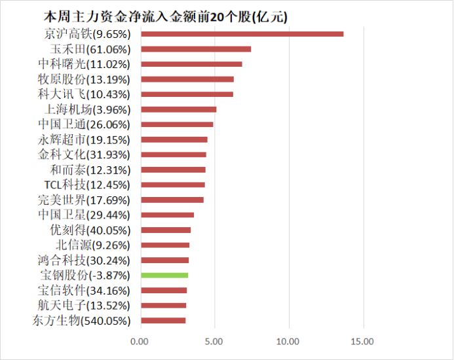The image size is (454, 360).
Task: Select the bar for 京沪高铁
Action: click(242, 33)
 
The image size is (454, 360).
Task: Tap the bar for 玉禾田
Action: click(196, 49)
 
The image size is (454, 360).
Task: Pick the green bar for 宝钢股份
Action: click(164, 276)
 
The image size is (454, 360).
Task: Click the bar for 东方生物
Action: click(163, 321)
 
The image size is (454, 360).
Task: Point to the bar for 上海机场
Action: click(178, 109)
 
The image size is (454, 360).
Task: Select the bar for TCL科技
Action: click(173, 185)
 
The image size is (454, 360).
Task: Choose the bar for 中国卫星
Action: click(167, 215)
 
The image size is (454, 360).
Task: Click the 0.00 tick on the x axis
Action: click(140, 341)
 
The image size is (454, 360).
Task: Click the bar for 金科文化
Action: click(173, 154)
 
